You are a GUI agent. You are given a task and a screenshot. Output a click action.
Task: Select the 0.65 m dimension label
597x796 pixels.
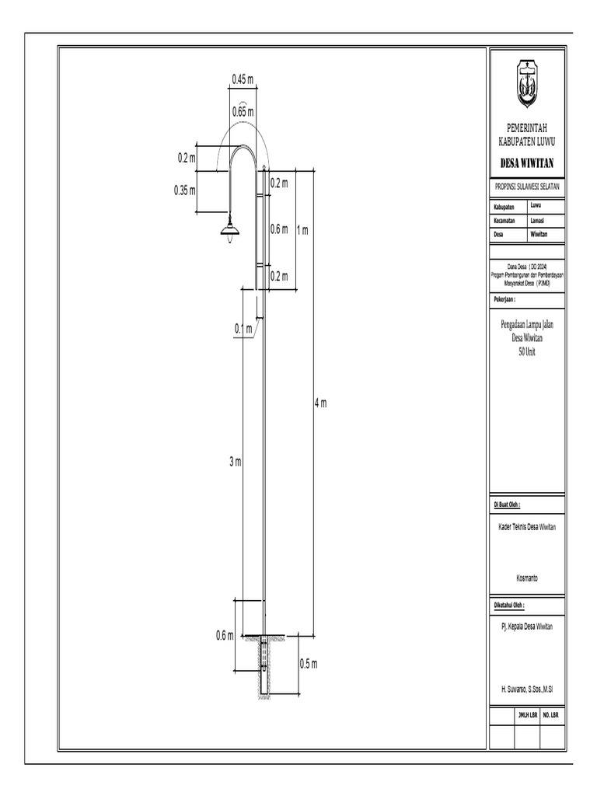click(x=243, y=112)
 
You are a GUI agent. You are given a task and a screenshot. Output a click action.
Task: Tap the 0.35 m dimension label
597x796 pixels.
click(x=185, y=189)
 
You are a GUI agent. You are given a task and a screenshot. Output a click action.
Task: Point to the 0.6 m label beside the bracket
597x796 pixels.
click(x=279, y=229)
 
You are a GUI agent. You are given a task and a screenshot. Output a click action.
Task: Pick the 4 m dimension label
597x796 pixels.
click(x=320, y=403)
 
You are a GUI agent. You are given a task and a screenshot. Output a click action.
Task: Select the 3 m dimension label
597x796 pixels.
click(x=236, y=462)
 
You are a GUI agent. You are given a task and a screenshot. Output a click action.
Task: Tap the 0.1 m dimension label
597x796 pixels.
click(x=244, y=330)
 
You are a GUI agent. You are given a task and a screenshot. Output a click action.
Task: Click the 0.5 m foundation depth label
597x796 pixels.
click(x=309, y=664)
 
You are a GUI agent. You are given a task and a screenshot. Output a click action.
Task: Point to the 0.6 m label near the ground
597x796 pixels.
click(x=225, y=636)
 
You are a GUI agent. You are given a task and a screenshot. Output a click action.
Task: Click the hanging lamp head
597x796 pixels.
click(x=230, y=229)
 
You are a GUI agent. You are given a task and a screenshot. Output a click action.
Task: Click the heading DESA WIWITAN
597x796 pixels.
click(x=526, y=163)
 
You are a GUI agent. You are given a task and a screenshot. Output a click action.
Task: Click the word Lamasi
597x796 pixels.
click(x=539, y=221)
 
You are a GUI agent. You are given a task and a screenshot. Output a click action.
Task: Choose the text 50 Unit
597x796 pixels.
click(x=527, y=352)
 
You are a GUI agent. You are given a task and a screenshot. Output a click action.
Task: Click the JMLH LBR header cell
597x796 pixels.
click(x=527, y=714)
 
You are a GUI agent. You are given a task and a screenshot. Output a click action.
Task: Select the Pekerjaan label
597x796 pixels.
click(x=504, y=298)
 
